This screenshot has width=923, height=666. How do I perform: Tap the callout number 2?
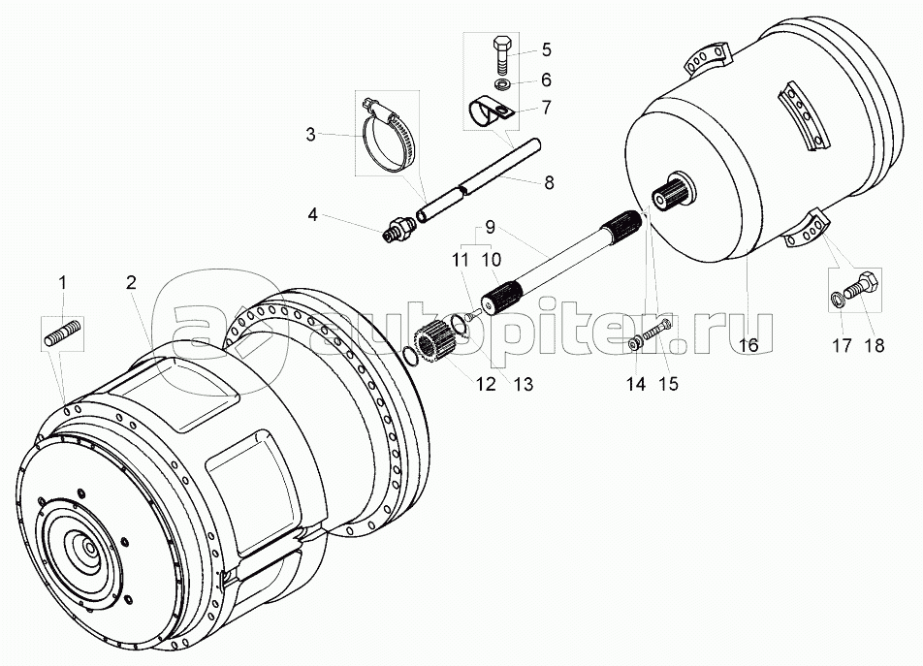[x=131, y=282]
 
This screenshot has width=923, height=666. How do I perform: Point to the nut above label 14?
[x=636, y=341]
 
